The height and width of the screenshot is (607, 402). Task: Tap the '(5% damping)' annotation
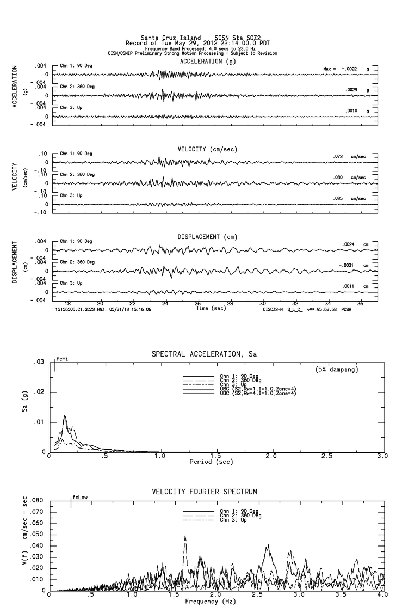pyautogui.click(x=337, y=370)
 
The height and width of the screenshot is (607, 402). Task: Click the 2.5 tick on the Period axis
pyautogui.click(x=327, y=456)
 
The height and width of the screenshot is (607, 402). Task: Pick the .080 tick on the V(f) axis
pyautogui.click(x=36, y=500)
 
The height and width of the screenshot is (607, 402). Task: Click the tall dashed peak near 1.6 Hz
pyautogui.click(x=185, y=536)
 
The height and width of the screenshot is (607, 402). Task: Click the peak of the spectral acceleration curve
pyautogui.click(x=65, y=416)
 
